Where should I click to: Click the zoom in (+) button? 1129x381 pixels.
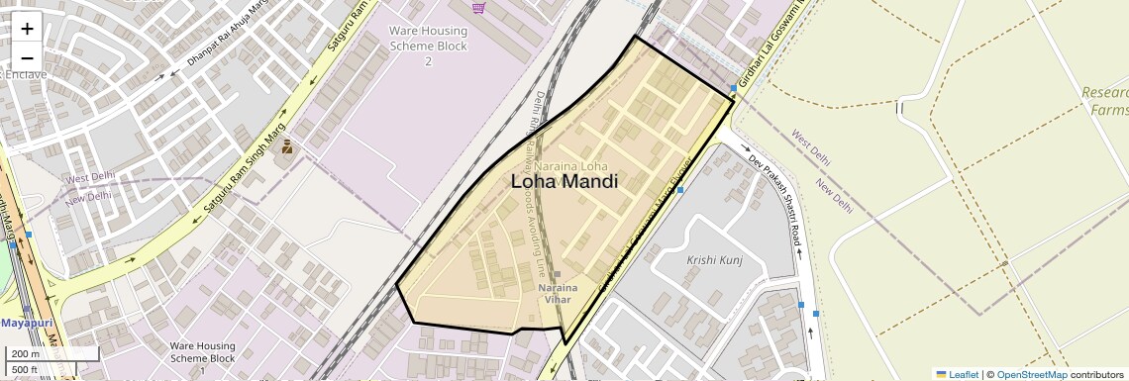[27, 30]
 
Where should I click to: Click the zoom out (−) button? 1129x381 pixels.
[27, 57]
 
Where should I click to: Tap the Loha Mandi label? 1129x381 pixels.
[564, 182]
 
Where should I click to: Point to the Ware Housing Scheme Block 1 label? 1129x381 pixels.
[202, 358]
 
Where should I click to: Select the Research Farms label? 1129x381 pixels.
[1105, 101]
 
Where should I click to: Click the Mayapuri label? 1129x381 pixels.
[26, 324]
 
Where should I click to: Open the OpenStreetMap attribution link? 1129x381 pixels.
[1031, 374]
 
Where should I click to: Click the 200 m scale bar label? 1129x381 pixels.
[26, 354]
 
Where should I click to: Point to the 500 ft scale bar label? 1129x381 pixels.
[26, 370]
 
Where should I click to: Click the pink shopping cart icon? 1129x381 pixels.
[479, 8]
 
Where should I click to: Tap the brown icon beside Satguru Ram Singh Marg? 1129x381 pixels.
[286, 147]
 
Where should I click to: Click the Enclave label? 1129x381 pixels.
[20, 74]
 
